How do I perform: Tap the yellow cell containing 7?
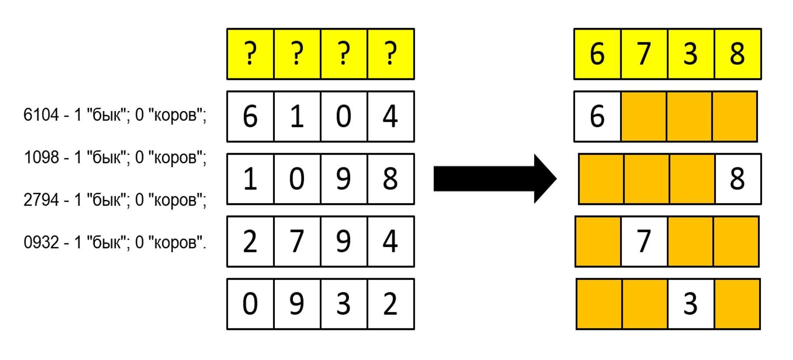click(644, 54)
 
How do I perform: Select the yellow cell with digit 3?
click(691, 54)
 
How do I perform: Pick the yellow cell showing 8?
click(738, 54)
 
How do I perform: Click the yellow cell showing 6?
click(597, 54)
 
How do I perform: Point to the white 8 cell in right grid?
click(738, 179)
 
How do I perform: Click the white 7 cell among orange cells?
click(644, 241)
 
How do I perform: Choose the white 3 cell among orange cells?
click(691, 304)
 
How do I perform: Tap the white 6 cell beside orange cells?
click(597, 116)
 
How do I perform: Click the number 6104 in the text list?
click(41, 115)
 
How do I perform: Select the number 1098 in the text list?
click(41, 157)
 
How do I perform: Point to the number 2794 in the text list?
click(41, 200)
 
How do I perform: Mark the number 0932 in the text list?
click(41, 242)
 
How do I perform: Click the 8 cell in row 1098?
click(390, 179)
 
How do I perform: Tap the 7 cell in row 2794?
click(297, 241)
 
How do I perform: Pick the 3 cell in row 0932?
click(344, 304)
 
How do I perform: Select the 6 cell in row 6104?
click(250, 116)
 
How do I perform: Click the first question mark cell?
click(250, 54)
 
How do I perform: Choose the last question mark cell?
click(390, 54)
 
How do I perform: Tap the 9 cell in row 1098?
click(344, 179)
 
